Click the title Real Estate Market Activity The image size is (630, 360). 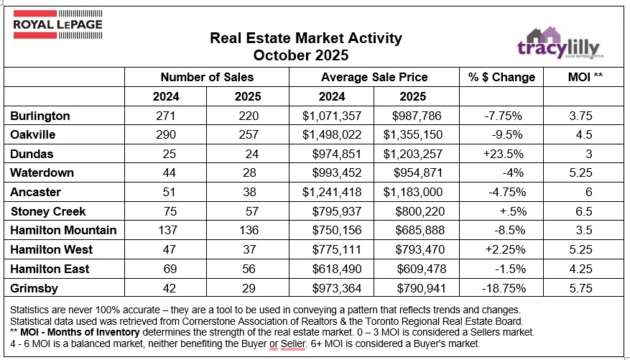305,38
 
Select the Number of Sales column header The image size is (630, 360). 206,77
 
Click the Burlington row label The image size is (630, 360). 41,116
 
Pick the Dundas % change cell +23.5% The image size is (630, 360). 501,153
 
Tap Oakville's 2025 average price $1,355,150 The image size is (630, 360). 412,134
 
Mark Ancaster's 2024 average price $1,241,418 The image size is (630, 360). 333,192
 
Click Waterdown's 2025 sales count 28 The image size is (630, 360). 247,172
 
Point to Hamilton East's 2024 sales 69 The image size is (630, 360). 165,268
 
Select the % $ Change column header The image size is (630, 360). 501,77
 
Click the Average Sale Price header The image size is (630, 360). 374,77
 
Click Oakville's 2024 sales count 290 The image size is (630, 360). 165,134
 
